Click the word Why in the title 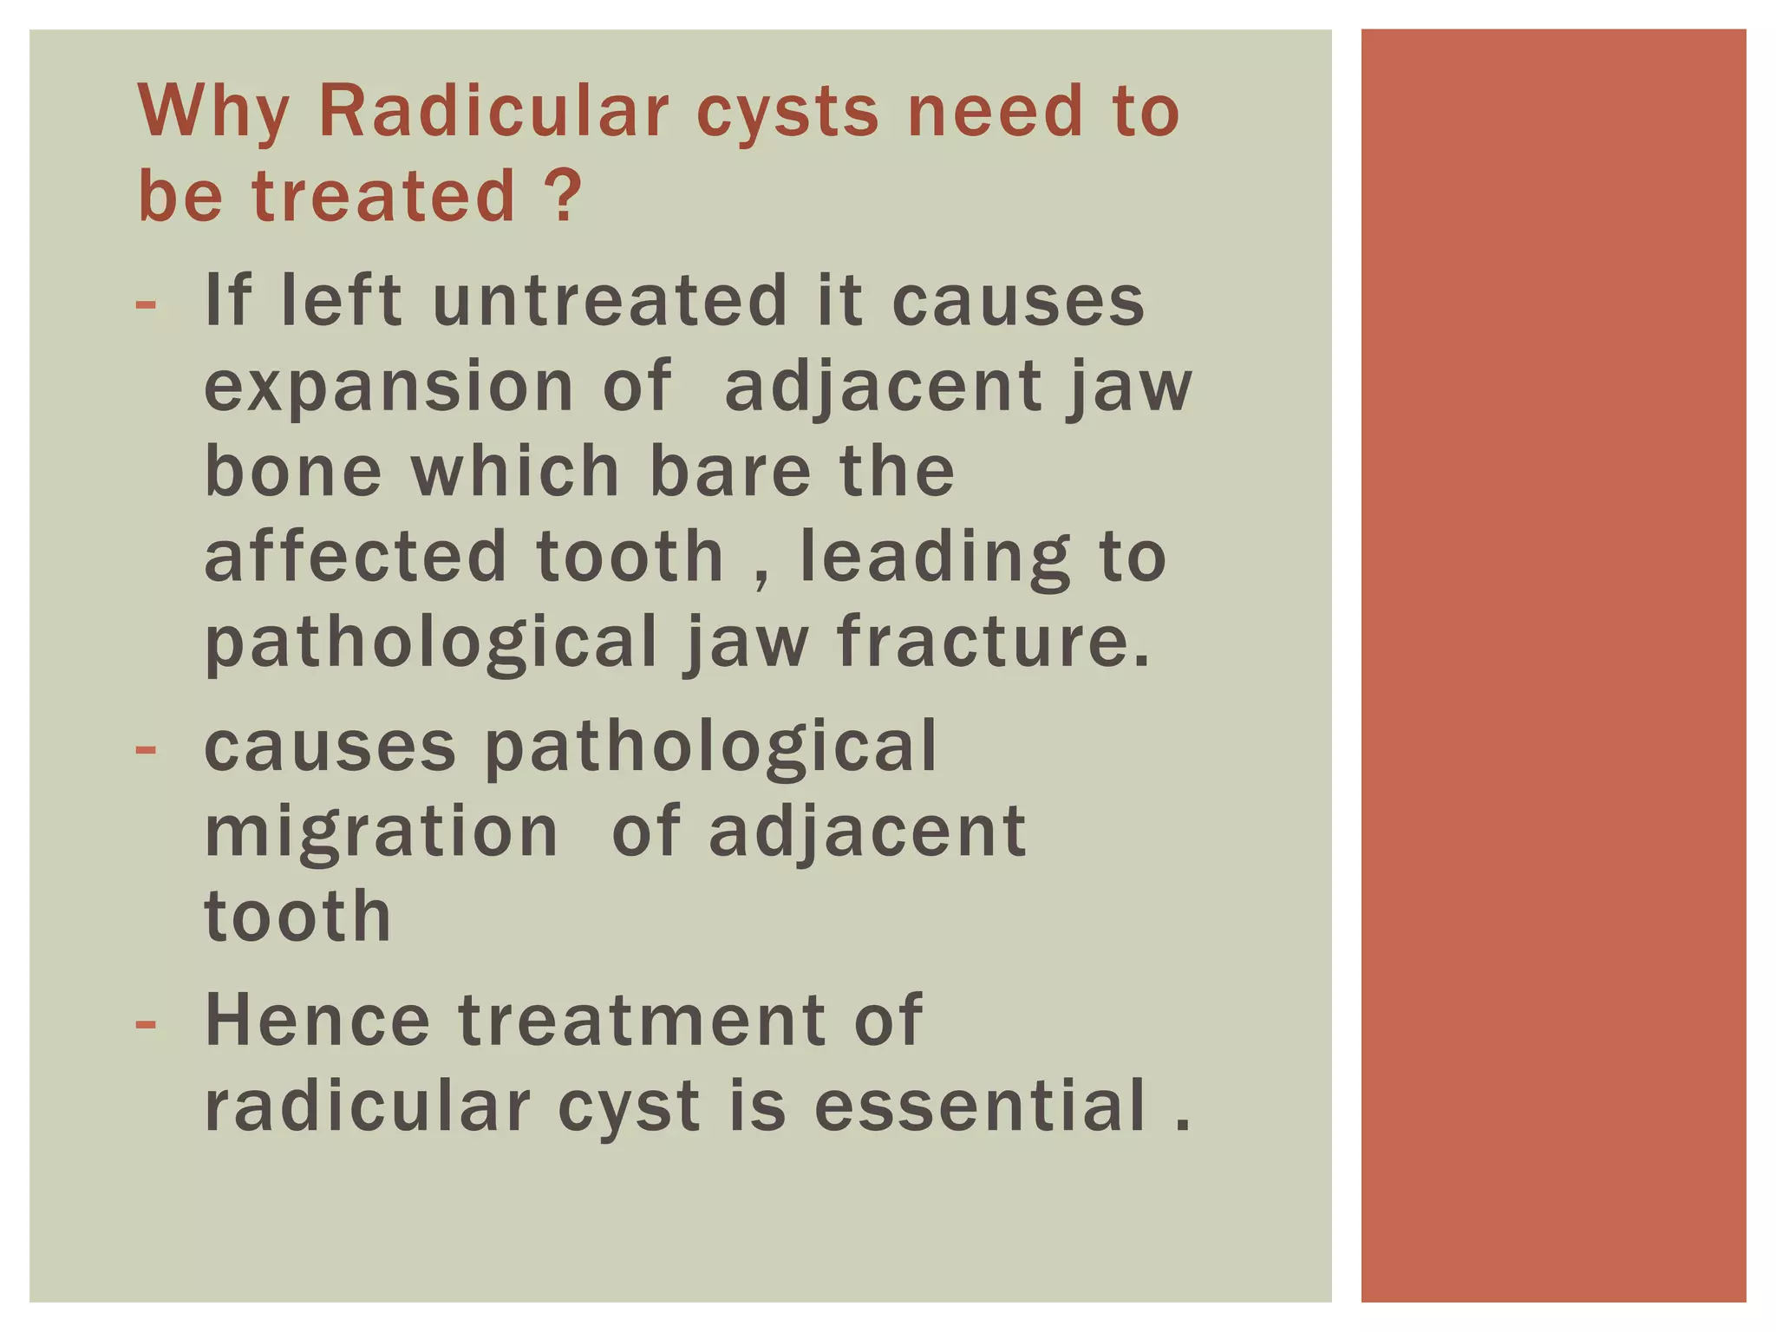coord(213,113)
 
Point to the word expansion coord(388,387)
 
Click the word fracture coord(993,642)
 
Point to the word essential coord(980,1105)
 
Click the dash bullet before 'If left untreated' coord(147,304)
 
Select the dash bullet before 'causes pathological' coord(147,750)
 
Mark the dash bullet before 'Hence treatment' coord(147,1024)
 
